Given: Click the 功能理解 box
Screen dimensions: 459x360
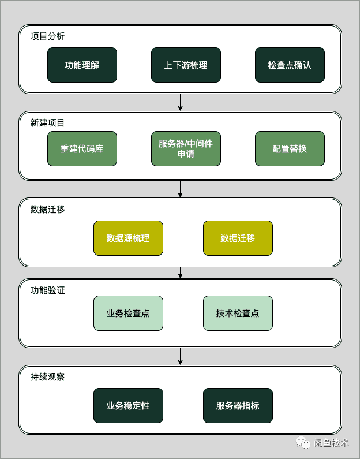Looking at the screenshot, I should (82, 65).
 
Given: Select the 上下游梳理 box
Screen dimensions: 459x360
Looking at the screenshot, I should (186, 65).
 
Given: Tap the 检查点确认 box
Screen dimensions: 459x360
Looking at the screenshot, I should (290, 65).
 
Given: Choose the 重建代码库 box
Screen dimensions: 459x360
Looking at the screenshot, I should (82, 148).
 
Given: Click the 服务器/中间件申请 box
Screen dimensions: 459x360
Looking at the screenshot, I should (186, 148).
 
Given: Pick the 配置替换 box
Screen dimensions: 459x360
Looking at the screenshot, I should (290, 148).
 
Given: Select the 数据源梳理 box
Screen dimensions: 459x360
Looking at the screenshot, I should (128, 238).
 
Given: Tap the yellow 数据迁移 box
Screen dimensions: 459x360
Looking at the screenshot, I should (238, 238).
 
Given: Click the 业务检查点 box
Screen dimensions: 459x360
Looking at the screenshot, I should (128, 313).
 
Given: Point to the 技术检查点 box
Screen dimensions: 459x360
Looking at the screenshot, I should (238, 313).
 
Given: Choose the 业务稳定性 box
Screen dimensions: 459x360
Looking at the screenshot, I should (128, 405).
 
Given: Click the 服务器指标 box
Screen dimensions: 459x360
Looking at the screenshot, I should (238, 405).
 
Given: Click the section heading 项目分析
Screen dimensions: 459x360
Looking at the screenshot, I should (48, 36).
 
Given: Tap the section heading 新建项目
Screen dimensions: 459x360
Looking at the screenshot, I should (48, 122).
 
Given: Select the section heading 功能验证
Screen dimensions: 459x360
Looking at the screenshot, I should (48, 290).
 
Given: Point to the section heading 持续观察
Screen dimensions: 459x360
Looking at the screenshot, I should (48, 376).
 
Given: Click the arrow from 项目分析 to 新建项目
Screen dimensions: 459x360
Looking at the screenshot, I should (181, 102).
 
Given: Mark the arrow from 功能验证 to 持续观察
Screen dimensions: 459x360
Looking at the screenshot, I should (181, 356).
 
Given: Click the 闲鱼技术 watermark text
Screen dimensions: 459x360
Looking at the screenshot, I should (331, 443).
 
